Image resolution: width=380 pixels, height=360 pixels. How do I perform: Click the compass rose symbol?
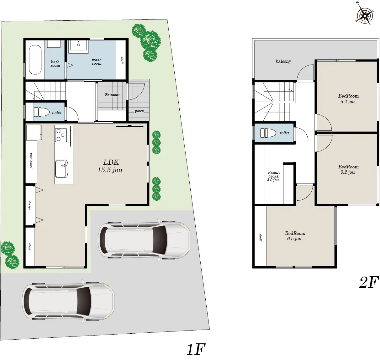click(x=365, y=15)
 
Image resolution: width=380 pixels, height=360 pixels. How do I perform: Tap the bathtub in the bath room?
click(x=35, y=60)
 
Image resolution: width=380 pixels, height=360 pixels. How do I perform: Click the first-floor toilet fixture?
click(x=42, y=112)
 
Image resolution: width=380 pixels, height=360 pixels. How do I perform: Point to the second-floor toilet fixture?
click(x=268, y=133)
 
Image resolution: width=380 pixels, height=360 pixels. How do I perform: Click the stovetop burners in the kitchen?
click(x=61, y=135)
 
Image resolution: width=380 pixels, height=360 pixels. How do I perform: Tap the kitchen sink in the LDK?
click(x=61, y=169)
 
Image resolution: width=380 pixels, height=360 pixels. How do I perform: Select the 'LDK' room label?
click(x=111, y=162)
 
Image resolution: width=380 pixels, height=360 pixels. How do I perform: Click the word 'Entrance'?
click(x=112, y=95)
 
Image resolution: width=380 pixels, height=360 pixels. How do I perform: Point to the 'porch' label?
click(x=139, y=111)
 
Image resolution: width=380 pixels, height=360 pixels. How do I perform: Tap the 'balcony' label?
click(x=283, y=61)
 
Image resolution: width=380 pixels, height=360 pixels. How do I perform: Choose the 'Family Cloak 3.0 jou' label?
click(x=273, y=176)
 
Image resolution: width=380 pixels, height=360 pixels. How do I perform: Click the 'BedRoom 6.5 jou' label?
click(x=295, y=236)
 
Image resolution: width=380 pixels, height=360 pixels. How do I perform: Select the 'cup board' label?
click(x=31, y=161)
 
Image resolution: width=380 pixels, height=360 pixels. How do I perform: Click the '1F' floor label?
click(x=196, y=349)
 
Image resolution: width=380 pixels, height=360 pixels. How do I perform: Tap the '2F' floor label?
click(x=368, y=283)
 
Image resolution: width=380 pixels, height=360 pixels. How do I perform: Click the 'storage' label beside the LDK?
click(x=29, y=205)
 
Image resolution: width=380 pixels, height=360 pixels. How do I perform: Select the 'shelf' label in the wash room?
click(x=122, y=60)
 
